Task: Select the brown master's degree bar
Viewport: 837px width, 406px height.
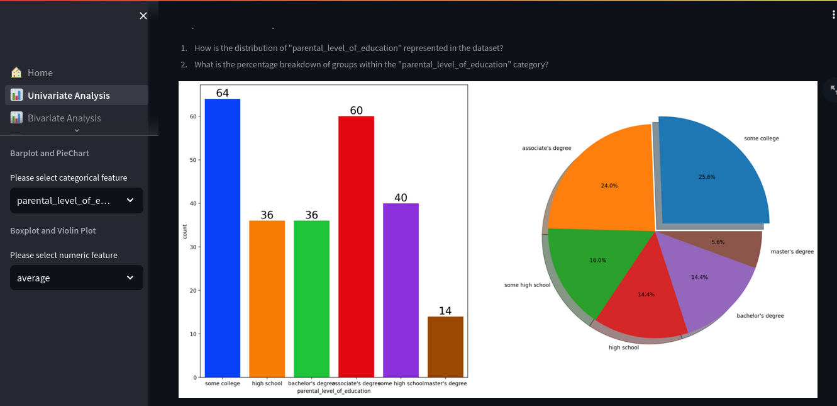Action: pos(445,347)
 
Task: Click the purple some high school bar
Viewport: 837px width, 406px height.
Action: pos(401,290)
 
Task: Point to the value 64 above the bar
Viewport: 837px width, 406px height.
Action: pos(223,93)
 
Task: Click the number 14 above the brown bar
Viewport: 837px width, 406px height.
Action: pos(445,311)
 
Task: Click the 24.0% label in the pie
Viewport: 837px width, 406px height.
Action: pos(609,186)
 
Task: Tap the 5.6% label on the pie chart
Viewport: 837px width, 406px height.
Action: pos(718,242)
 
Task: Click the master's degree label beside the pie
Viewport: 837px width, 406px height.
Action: pos(792,252)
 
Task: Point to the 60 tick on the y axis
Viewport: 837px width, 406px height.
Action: pos(192,116)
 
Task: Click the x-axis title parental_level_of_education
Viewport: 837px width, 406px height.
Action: pos(334,391)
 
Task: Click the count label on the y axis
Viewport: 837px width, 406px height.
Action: pos(185,232)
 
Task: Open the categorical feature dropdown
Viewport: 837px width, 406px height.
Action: pos(77,200)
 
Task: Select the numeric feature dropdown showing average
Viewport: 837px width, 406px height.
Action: pos(77,278)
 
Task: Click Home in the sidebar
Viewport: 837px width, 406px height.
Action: pos(40,73)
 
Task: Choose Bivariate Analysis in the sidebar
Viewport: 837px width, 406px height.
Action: pos(64,118)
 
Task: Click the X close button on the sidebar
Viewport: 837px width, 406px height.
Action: pos(143,16)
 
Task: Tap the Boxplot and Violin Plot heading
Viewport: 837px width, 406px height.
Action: pos(53,230)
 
